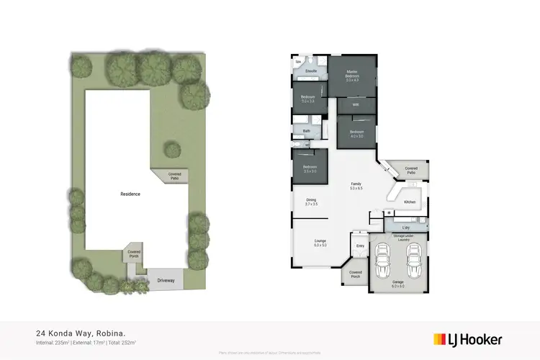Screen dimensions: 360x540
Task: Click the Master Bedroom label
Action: tap(353, 75)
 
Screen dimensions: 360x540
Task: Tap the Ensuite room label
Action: tap(312, 72)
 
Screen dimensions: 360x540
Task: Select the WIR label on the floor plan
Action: tap(356, 105)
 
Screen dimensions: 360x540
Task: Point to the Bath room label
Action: tap(307, 131)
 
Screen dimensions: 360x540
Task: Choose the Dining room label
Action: tap(311, 202)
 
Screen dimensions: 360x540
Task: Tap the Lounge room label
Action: tap(320, 243)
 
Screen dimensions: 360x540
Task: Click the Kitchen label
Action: tap(410, 202)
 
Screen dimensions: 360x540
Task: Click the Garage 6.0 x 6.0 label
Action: tap(397, 284)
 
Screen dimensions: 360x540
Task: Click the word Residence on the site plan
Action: tap(130, 194)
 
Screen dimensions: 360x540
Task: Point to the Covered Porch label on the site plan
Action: tap(134, 253)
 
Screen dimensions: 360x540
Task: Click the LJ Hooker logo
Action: tap(467, 339)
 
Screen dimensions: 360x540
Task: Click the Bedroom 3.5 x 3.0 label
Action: tap(310, 169)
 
